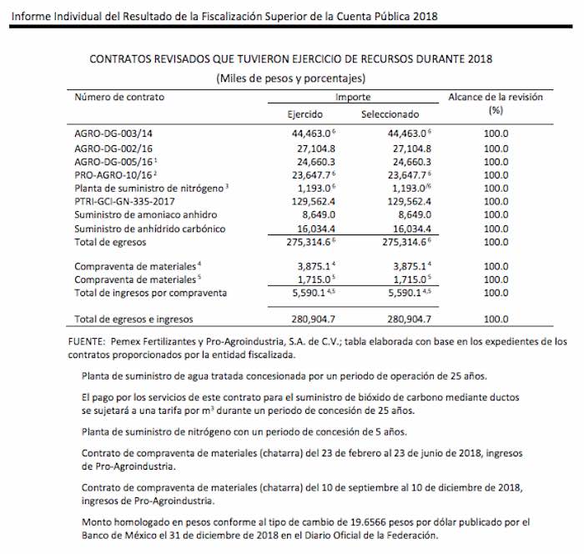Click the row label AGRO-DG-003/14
pos(113,133)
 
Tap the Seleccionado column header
pos(390,114)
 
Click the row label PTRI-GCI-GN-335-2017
pos(125,201)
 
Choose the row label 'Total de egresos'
pos(110,242)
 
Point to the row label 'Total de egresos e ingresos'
pos(133,319)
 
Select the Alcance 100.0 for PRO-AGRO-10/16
pos(496,174)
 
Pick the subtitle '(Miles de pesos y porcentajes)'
pos(291,78)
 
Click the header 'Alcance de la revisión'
pos(496,97)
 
